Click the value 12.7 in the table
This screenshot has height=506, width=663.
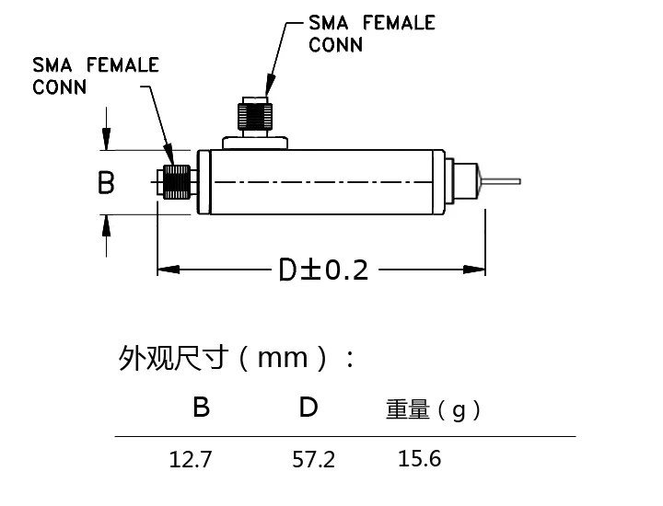[191, 459]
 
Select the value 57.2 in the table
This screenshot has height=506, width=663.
[313, 459]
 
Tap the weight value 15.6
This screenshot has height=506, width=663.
[420, 458]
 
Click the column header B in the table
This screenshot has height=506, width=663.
[202, 408]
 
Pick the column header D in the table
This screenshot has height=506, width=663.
[308, 408]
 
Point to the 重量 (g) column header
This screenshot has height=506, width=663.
[433, 409]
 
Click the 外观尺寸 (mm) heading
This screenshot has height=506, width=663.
[236, 358]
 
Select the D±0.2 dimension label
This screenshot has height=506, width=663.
[323, 270]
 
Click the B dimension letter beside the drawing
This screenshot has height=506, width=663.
[106, 182]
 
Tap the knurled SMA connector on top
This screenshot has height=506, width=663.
[254, 116]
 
